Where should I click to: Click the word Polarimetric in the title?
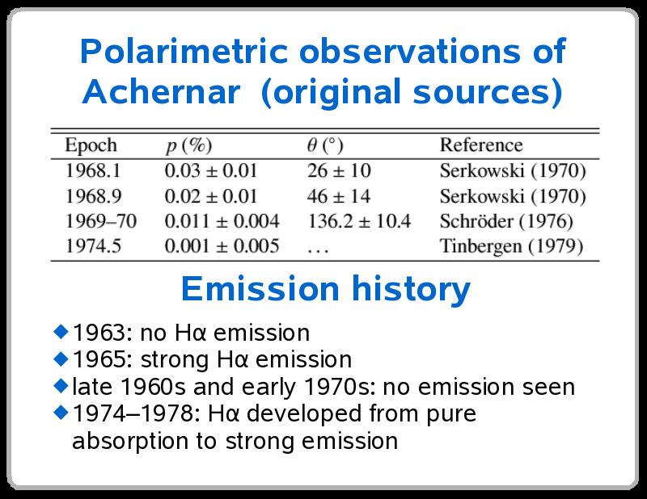[x=184, y=51]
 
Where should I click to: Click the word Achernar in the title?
[x=161, y=91]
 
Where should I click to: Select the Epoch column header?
[x=91, y=145]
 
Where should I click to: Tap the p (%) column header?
[x=189, y=145]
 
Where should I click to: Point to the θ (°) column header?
[x=325, y=145]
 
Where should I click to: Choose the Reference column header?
[x=481, y=145]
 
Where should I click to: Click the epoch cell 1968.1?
[x=93, y=170]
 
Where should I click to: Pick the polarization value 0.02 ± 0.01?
[x=211, y=196]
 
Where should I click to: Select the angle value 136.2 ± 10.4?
[x=359, y=221]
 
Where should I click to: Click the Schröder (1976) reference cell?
[x=506, y=222]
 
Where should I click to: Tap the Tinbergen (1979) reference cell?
[x=511, y=246]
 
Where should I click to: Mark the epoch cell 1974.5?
[x=93, y=246]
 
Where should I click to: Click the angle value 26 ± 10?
[x=339, y=170]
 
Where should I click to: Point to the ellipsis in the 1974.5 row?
[x=318, y=249]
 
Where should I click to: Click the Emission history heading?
[x=326, y=289]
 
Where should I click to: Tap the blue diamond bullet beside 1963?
[x=61, y=331]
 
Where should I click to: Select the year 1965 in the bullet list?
[x=99, y=359]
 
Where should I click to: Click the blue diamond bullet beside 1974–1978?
[x=61, y=412]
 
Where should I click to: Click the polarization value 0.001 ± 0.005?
[x=222, y=246]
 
